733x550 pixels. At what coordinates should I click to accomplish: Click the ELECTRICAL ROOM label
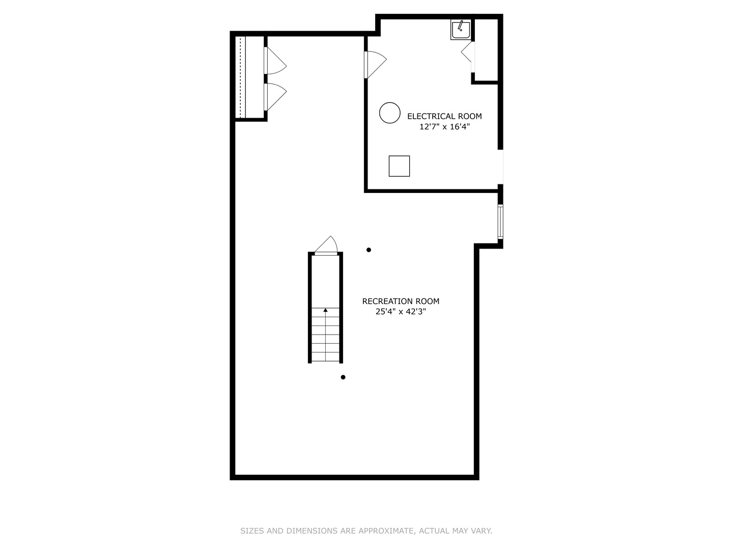[x=444, y=116]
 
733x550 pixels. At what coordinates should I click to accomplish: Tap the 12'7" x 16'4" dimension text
[x=444, y=127]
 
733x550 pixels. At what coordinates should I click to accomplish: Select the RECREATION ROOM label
[x=401, y=301]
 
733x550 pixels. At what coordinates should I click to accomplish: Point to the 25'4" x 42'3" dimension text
[x=401, y=312]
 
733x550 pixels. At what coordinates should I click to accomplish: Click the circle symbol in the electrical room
[x=390, y=113]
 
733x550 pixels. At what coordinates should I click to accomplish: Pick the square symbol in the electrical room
[x=399, y=166]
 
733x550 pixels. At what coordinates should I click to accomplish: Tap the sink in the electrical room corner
[x=461, y=30]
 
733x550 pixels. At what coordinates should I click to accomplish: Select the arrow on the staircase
[x=325, y=310]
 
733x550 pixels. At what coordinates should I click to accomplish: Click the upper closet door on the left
[x=275, y=61]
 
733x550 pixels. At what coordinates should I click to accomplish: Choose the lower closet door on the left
[x=275, y=97]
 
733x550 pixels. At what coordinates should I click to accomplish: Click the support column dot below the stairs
[x=343, y=377]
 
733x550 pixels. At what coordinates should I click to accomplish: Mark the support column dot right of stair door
[x=369, y=250]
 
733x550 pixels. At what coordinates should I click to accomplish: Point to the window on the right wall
[x=500, y=222]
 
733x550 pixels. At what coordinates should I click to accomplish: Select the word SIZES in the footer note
[x=252, y=531]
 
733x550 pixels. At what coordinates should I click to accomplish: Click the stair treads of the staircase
[x=325, y=336]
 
